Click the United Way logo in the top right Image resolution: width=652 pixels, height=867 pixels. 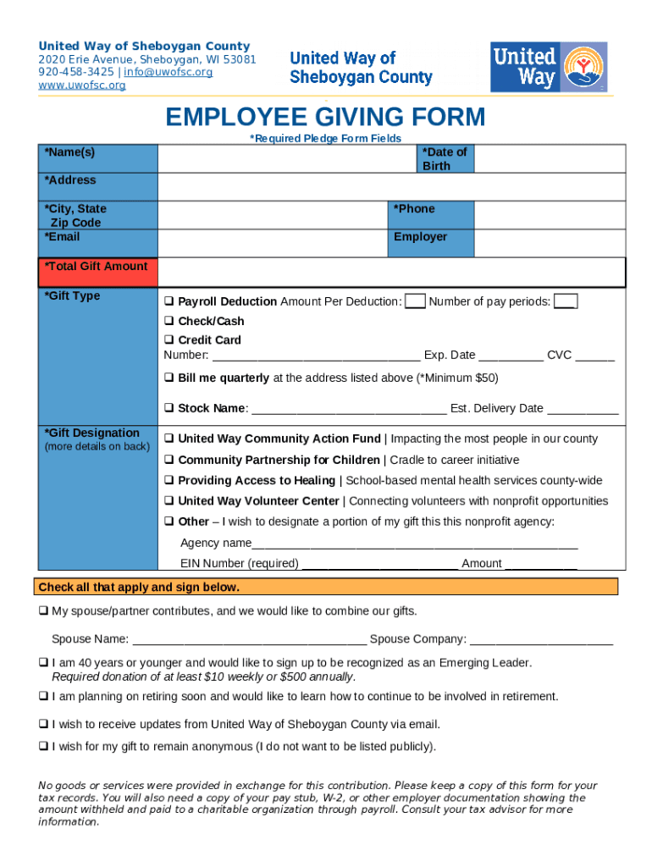point(549,67)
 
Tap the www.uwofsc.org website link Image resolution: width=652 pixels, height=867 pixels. point(81,86)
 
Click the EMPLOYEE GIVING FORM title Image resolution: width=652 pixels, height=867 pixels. point(325,117)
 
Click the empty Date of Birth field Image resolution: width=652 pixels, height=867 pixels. point(550,158)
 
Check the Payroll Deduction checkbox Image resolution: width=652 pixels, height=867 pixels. point(169,301)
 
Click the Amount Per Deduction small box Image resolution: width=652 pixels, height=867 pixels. point(415,301)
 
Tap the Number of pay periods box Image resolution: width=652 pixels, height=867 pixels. point(566,301)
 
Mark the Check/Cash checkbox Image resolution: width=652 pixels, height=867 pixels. point(169,321)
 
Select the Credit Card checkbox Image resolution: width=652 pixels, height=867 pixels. point(169,340)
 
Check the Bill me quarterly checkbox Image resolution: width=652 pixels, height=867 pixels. point(169,378)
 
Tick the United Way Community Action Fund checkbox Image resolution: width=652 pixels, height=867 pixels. point(169,439)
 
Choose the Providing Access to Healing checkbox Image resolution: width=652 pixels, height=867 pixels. point(169,480)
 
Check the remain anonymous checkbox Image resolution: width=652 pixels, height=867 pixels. point(43,746)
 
